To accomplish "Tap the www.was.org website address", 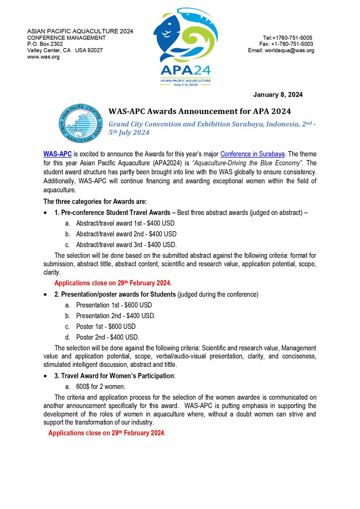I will click(x=43, y=57).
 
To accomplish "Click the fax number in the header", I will click(x=286, y=44).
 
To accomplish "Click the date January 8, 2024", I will click(x=278, y=95).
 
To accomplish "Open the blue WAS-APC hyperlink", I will click(x=55, y=154).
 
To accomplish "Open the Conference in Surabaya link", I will click(x=252, y=154).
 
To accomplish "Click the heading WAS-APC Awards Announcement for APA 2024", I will click(x=200, y=112).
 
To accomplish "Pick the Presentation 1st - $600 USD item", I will click(x=114, y=305).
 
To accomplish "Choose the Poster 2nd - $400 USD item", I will click(x=108, y=337).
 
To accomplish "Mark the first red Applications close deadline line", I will click(x=113, y=283).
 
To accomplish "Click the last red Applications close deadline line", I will click(x=106, y=433).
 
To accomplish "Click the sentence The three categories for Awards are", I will click(x=95, y=201).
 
